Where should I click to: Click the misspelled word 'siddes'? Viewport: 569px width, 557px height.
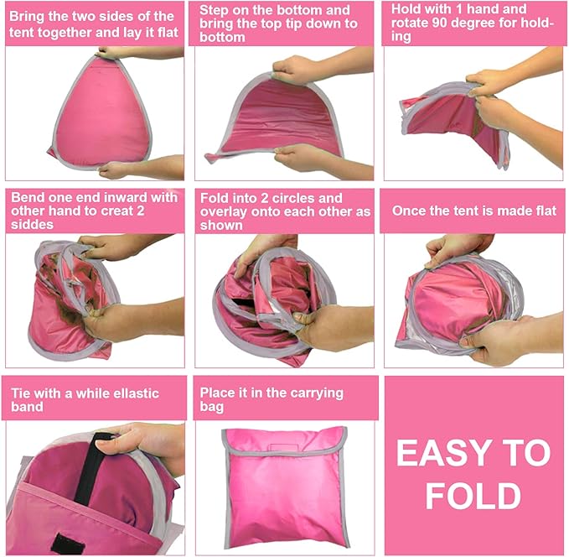pos(34,226)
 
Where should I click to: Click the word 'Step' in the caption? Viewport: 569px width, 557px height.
pos(218,10)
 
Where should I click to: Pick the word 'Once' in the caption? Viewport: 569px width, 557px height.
pos(411,211)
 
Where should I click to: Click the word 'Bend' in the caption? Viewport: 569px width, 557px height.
pos(26,197)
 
